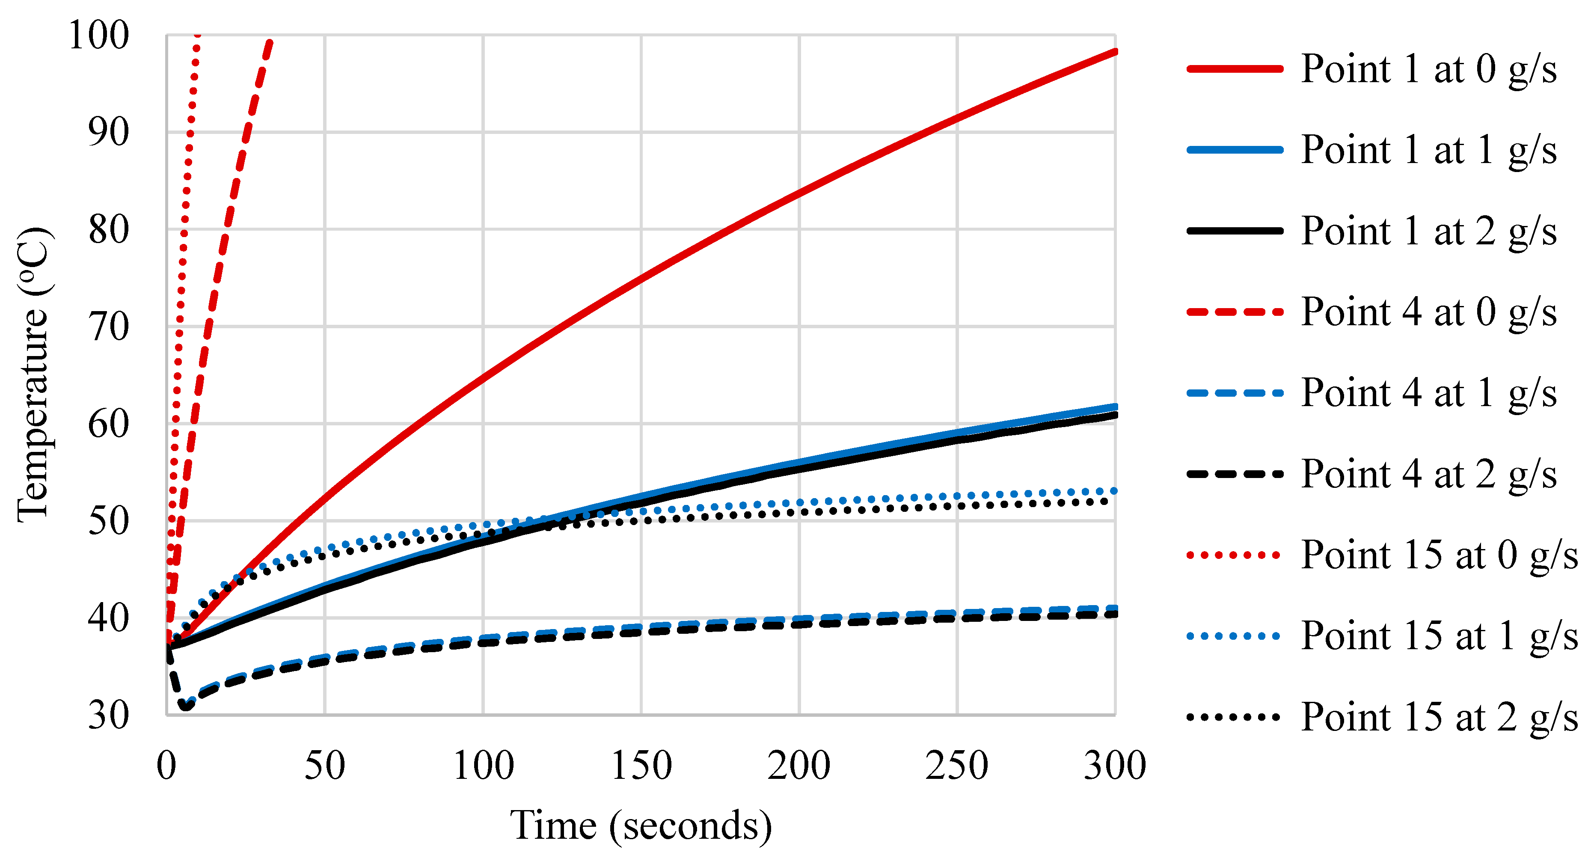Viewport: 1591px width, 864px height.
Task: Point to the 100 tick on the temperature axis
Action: pos(99,35)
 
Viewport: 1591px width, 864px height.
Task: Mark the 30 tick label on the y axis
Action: pos(109,716)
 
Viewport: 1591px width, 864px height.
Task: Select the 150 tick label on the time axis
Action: pos(641,766)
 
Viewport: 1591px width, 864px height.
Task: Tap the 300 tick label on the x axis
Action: pos(1115,766)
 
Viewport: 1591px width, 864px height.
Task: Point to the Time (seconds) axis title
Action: pos(641,826)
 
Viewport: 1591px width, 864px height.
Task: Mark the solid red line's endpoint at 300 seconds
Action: pos(1115,52)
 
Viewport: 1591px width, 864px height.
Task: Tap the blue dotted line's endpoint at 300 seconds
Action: pos(1115,491)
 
